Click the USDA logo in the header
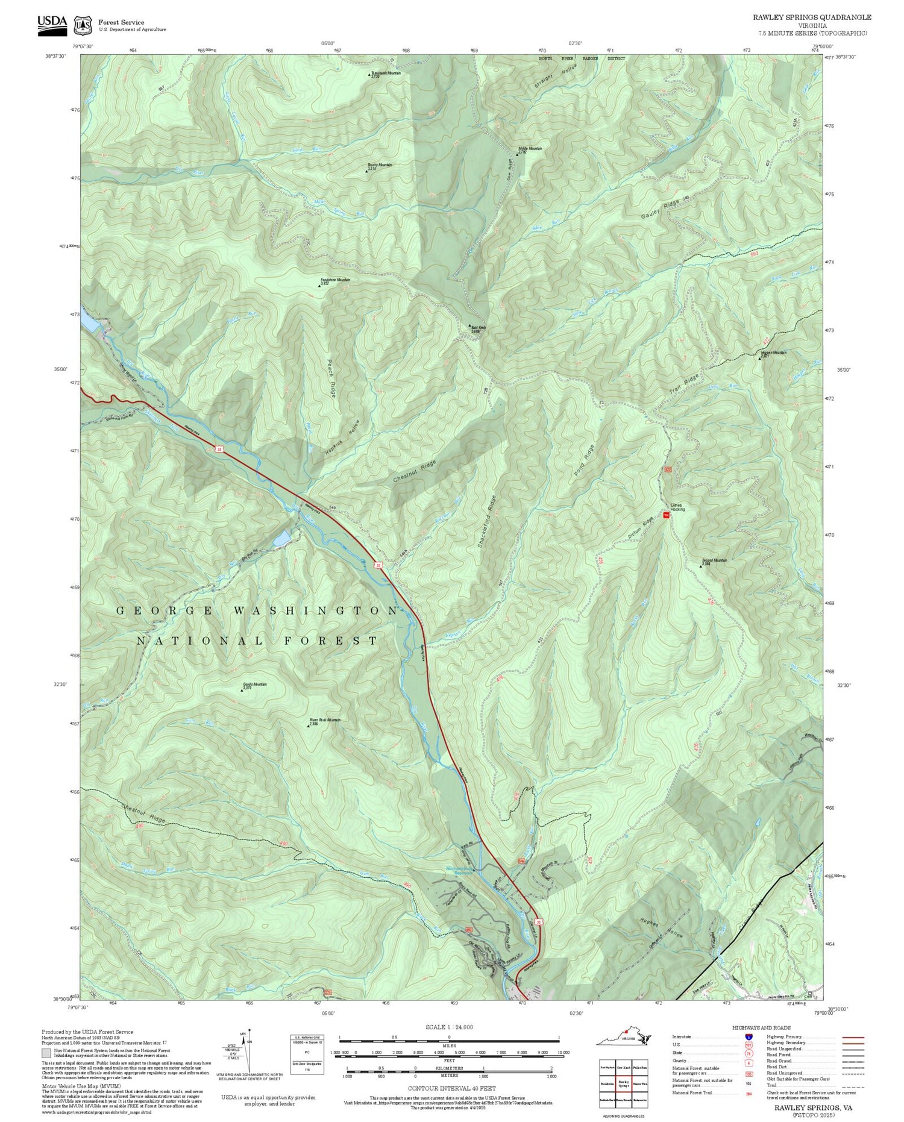52,24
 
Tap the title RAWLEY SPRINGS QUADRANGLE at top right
812,17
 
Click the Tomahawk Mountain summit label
386,74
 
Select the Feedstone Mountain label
335,280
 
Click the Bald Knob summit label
479,329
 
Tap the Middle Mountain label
530,149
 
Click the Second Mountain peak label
714,561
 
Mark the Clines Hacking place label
678,507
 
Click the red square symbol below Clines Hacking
666,516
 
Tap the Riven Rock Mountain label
325,720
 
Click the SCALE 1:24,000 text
449,1027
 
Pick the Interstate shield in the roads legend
748,1036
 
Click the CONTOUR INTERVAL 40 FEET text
452,1089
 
